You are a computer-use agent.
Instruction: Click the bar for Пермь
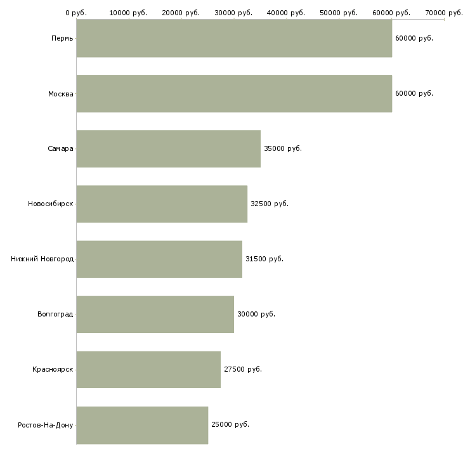[234, 38]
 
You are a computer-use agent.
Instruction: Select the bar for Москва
[234, 94]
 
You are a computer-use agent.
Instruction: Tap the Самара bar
[169, 149]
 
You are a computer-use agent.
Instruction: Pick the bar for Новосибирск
[162, 204]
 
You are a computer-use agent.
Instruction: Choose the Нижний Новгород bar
[159, 259]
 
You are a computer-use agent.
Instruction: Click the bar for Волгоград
[155, 315]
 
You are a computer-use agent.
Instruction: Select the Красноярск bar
[148, 370]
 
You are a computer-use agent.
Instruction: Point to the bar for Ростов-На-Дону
[142, 425]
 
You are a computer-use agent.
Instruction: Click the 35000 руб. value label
[283, 148]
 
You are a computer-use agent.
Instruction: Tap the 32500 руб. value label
[270, 204]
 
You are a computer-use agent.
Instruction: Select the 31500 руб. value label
[264, 259]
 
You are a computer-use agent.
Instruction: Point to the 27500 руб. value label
[243, 369]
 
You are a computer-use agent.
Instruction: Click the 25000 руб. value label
[230, 424]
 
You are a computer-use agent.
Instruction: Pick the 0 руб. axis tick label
[76, 13]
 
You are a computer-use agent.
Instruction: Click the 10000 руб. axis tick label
[128, 13]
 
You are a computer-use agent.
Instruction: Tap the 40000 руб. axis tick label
[286, 13]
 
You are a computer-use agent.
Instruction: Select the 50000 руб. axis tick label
[339, 13]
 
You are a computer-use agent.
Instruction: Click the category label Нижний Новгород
[42, 259]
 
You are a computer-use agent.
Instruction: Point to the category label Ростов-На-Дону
[46, 425]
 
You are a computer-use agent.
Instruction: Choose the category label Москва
[61, 94]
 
